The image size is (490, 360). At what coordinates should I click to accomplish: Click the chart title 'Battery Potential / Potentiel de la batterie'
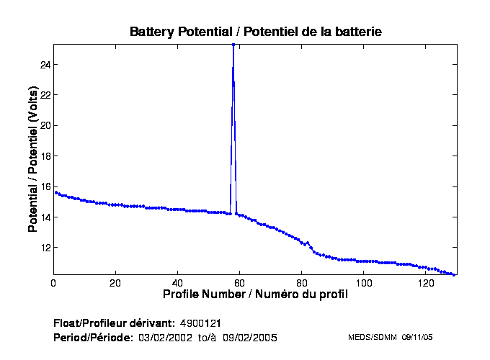coord(255,32)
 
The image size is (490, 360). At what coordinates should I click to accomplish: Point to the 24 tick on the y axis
coord(44,65)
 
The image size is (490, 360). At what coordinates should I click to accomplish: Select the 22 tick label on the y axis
coord(44,95)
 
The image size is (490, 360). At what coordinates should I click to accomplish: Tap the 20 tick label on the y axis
coord(44,125)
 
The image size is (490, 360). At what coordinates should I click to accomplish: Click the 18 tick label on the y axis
coord(44,156)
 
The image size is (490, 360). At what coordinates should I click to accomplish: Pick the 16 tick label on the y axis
coord(44,186)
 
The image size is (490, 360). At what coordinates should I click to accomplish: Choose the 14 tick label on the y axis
coord(44,217)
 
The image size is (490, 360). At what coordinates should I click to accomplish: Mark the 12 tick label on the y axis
coord(44,248)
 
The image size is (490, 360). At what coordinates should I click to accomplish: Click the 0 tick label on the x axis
coord(53,283)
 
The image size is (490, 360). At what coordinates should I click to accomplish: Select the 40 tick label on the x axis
coord(177,283)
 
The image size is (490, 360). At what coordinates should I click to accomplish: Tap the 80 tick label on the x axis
coord(301,283)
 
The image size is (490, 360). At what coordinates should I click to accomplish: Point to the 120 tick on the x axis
coord(426,283)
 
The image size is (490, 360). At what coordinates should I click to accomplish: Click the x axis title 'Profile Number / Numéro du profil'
coord(255,294)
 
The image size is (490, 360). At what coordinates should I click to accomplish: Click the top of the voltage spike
coord(233,45)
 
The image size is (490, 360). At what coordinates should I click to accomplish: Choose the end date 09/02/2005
coord(249,337)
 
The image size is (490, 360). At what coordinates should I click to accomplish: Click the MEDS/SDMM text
coord(372,337)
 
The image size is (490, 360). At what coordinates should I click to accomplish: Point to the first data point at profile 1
coord(56,192)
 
